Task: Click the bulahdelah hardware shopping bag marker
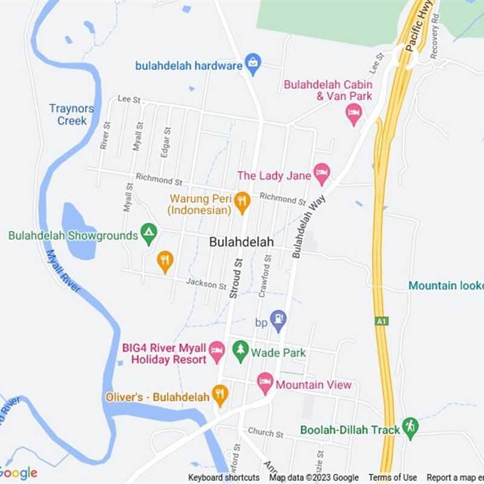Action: coord(253,64)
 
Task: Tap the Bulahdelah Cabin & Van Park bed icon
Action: coord(354,113)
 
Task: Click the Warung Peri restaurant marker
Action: coord(242,202)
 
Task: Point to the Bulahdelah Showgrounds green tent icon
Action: coord(149,233)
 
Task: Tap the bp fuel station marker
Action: coord(278,320)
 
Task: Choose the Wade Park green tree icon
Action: coord(241,350)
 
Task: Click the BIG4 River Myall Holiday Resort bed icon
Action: coord(217,350)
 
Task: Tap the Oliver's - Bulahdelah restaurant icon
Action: coord(220,395)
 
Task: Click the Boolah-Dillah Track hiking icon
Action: coord(410,427)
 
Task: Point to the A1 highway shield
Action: coord(382,321)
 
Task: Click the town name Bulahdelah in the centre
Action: coord(241,242)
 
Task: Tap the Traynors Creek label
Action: coord(72,114)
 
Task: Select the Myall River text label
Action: coord(63,270)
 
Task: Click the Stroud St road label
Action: coord(236,278)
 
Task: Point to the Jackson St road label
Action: coord(206,283)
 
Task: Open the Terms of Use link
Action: coord(393,477)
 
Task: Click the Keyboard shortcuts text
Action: coord(223,477)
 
